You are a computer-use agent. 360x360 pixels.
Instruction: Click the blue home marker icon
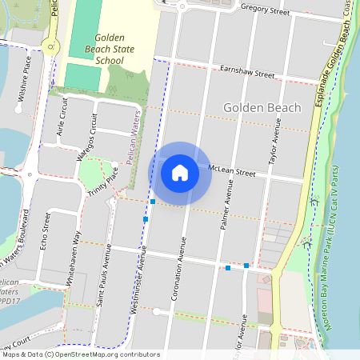180,172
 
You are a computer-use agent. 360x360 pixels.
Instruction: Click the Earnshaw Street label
247,72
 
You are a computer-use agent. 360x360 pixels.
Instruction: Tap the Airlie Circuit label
63,119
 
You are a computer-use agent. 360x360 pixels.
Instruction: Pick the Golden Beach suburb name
262,108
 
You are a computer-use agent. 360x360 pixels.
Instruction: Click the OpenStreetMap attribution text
81,354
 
